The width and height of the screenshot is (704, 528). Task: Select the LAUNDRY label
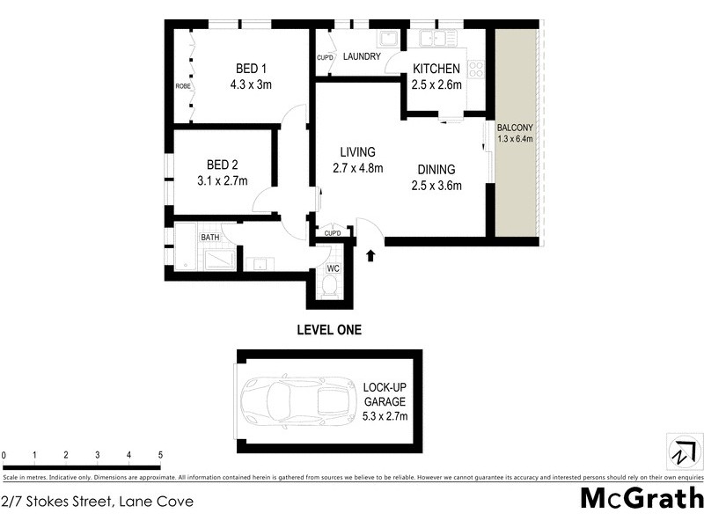point(362,57)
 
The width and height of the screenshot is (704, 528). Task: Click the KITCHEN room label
point(436,69)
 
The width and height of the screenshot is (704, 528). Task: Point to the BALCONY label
point(514,127)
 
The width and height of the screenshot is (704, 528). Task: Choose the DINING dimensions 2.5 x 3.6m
point(436,185)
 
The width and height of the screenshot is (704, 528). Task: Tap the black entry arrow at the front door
point(370,255)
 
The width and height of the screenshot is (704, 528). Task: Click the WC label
point(334,268)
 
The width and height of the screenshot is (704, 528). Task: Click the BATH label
point(209,238)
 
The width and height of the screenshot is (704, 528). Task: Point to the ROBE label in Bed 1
point(183,86)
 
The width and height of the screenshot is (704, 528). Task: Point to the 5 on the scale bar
point(160,455)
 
